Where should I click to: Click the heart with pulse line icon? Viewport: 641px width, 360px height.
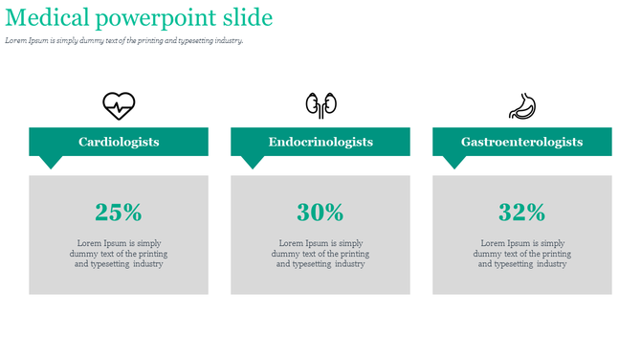[x=119, y=104]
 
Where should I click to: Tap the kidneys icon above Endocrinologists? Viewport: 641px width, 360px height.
[x=320, y=104]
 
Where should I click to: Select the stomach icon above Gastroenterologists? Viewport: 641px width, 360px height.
[x=522, y=104]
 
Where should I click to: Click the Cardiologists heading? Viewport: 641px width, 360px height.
[x=119, y=142]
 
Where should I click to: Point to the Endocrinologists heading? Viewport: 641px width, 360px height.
[x=320, y=142]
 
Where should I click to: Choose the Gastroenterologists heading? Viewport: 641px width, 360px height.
[x=522, y=142]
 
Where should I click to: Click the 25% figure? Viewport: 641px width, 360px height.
[x=119, y=212]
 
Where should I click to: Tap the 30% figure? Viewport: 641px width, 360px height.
[x=320, y=212]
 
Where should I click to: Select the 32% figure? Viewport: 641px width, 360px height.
[x=522, y=212]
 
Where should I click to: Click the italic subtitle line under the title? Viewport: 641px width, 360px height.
[x=124, y=41]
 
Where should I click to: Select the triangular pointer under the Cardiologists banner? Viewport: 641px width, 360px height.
[x=50, y=162]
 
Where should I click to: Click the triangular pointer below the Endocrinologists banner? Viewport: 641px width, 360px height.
[x=253, y=162]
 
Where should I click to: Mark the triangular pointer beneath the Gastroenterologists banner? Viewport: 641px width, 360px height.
[x=454, y=162]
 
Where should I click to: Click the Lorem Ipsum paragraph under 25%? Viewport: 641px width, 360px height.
[x=119, y=254]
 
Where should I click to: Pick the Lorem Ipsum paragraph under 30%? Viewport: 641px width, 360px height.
[x=320, y=254]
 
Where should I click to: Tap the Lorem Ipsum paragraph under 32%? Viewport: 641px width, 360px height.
[x=522, y=254]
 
